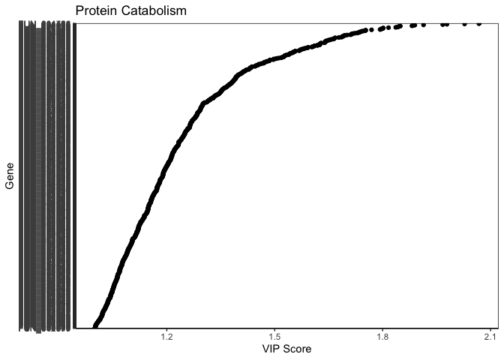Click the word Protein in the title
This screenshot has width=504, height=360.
[x=95, y=11]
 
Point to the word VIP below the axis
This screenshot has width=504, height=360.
[x=271, y=349]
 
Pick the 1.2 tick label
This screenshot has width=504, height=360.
[x=166, y=337]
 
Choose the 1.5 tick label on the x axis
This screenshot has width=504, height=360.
[x=274, y=337]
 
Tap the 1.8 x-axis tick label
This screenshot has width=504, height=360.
[x=382, y=337]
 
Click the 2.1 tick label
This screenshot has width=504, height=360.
[x=490, y=337]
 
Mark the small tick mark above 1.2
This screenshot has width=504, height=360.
[x=166, y=330]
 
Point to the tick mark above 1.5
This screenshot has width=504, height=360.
[x=274, y=330]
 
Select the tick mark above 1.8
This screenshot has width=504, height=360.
[x=382, y=330]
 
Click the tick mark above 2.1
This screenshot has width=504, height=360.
[x=490, y=330]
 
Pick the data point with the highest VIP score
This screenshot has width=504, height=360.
[x=478, y=24]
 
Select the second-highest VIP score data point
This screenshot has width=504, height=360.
[x=464, y=24]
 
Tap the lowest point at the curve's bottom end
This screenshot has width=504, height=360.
[x=94, y=327]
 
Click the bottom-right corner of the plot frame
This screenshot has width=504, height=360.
[x=498, y=328]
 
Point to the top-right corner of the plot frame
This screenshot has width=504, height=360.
[x=498, y=22]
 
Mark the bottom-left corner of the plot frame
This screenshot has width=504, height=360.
[x=76, y=328]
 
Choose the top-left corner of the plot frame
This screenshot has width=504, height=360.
[x=76, y=22]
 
